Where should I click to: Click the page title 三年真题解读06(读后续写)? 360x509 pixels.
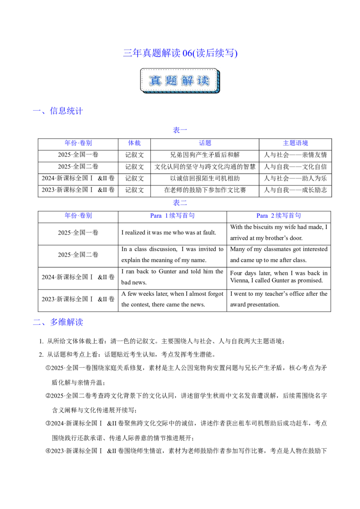tap(180, 53)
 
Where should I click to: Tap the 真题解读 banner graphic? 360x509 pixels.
tap(180, 81)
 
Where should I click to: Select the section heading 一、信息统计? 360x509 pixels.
tap(58, 111)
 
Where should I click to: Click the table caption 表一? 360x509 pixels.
tap(180, 130)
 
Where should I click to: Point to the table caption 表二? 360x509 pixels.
tap(180, 203)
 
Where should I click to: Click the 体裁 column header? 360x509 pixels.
tap(134, 143)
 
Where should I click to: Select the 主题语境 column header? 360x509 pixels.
tap(295, 143)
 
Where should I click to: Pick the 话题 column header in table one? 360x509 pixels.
tap(205, 143)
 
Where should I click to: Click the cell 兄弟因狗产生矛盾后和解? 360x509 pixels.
tap(205, 155)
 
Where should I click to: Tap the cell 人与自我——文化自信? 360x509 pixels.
tap(295, 167)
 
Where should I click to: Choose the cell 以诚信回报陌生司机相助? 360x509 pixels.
tap(205, 179)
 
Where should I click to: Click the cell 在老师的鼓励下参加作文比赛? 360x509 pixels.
tap(205, 190)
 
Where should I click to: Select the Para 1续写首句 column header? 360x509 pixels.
tap(172, 216)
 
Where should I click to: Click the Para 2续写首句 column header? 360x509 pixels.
tap(279, 216)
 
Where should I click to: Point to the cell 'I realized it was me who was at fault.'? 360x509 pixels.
tap(169, 233)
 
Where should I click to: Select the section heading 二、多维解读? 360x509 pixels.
tap(58, 322)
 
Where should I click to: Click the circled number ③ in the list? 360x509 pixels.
tap(48, 424)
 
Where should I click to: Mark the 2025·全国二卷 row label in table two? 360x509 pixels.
tap(78, 255)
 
